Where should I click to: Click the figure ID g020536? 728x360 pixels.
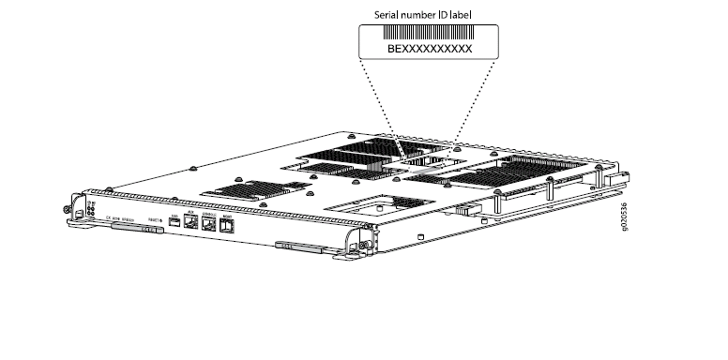(x=626, y=222)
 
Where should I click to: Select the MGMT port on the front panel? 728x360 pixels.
(x=227, y=225)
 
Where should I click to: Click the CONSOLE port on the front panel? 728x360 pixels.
(x=208, y=223)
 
